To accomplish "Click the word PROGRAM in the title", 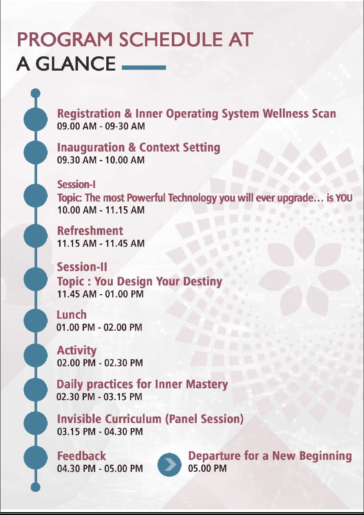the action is point(65,40).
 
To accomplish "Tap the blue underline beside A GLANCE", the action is point(144,67).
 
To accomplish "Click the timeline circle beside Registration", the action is point(36,119).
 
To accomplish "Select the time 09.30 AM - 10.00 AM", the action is point(101,160).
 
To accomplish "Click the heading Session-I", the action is point(76,184).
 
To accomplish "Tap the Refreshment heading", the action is point(90,231).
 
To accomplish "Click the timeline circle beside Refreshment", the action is point(36,236).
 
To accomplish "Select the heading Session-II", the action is point(82,267).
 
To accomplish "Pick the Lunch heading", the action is point(72,315).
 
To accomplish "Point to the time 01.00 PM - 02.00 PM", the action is point(99,328).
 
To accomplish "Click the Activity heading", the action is point(77,351).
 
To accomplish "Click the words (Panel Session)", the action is point(204,419).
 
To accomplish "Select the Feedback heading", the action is point(82,456).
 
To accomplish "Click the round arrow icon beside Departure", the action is point(169,465).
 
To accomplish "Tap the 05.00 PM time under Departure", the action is point(207,468).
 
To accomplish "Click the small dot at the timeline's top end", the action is point(36,93).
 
